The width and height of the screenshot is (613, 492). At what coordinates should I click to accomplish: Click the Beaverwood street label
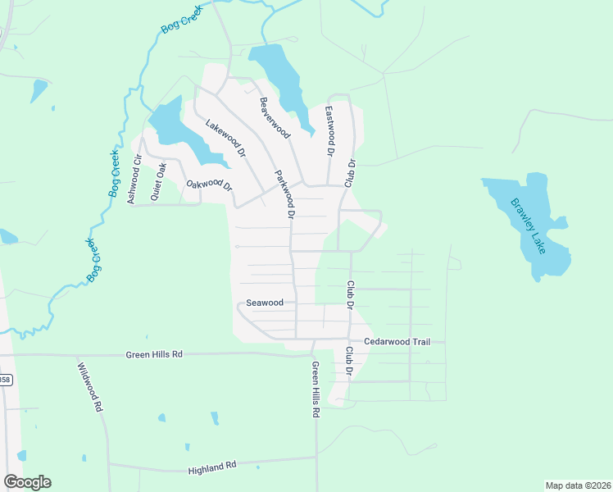pyautogui.click(x=275, y=117)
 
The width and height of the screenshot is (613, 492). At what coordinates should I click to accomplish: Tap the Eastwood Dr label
pyautogui.click(x=330, y=131)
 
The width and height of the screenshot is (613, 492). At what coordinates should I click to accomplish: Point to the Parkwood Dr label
pyautogui.click(x=284, y=194)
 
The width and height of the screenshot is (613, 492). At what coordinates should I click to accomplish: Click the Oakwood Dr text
pyautogui.click(x=210, y=185)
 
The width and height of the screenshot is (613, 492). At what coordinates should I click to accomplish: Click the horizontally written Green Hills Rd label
pyautogui.click(x=154, y=355)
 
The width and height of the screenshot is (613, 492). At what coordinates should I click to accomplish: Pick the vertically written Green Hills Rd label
pyautogui.click(x=315, y=390)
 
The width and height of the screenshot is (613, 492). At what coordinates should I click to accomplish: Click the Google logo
pyautogui.click(x=27, y=482)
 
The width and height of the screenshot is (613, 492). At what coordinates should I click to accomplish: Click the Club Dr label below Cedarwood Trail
pyautogui.click(x=348, y=361)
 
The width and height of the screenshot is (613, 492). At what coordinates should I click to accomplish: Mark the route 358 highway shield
pyautogui.click(x=5, y=380)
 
